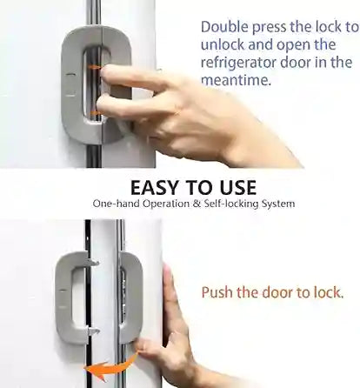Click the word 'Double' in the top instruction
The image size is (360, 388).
coord(224,27)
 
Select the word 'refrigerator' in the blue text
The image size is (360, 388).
coord(240,62)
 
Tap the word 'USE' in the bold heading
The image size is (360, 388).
coord(234,187)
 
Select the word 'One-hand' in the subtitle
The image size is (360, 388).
coord(113,204)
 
